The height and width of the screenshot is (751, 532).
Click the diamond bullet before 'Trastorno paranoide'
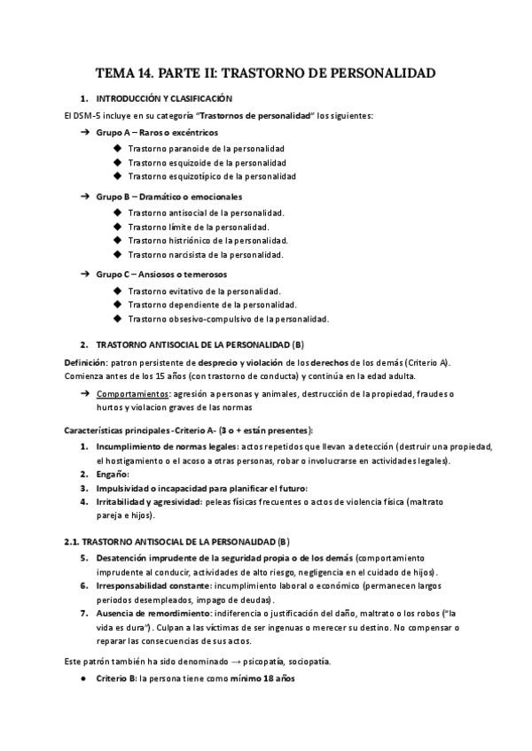pyautogui.click(x=118, y=148)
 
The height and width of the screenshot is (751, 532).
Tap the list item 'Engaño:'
pyautogui.click(x=113, y=474)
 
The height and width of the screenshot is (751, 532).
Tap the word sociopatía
pyautogui.click(x=308, y=661)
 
